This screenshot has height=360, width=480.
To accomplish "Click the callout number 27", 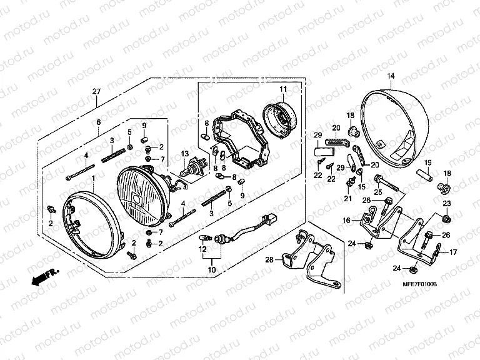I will tap(96, 92).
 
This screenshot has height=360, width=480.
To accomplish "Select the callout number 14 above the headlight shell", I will tap(391, 76).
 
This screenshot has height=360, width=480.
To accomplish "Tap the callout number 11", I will tap(282, 88).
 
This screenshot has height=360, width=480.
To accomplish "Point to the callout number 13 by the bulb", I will tap(185, 154).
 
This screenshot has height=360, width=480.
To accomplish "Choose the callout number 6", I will tap(98, 123).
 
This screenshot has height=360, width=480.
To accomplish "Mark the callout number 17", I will tap(453, 252).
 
